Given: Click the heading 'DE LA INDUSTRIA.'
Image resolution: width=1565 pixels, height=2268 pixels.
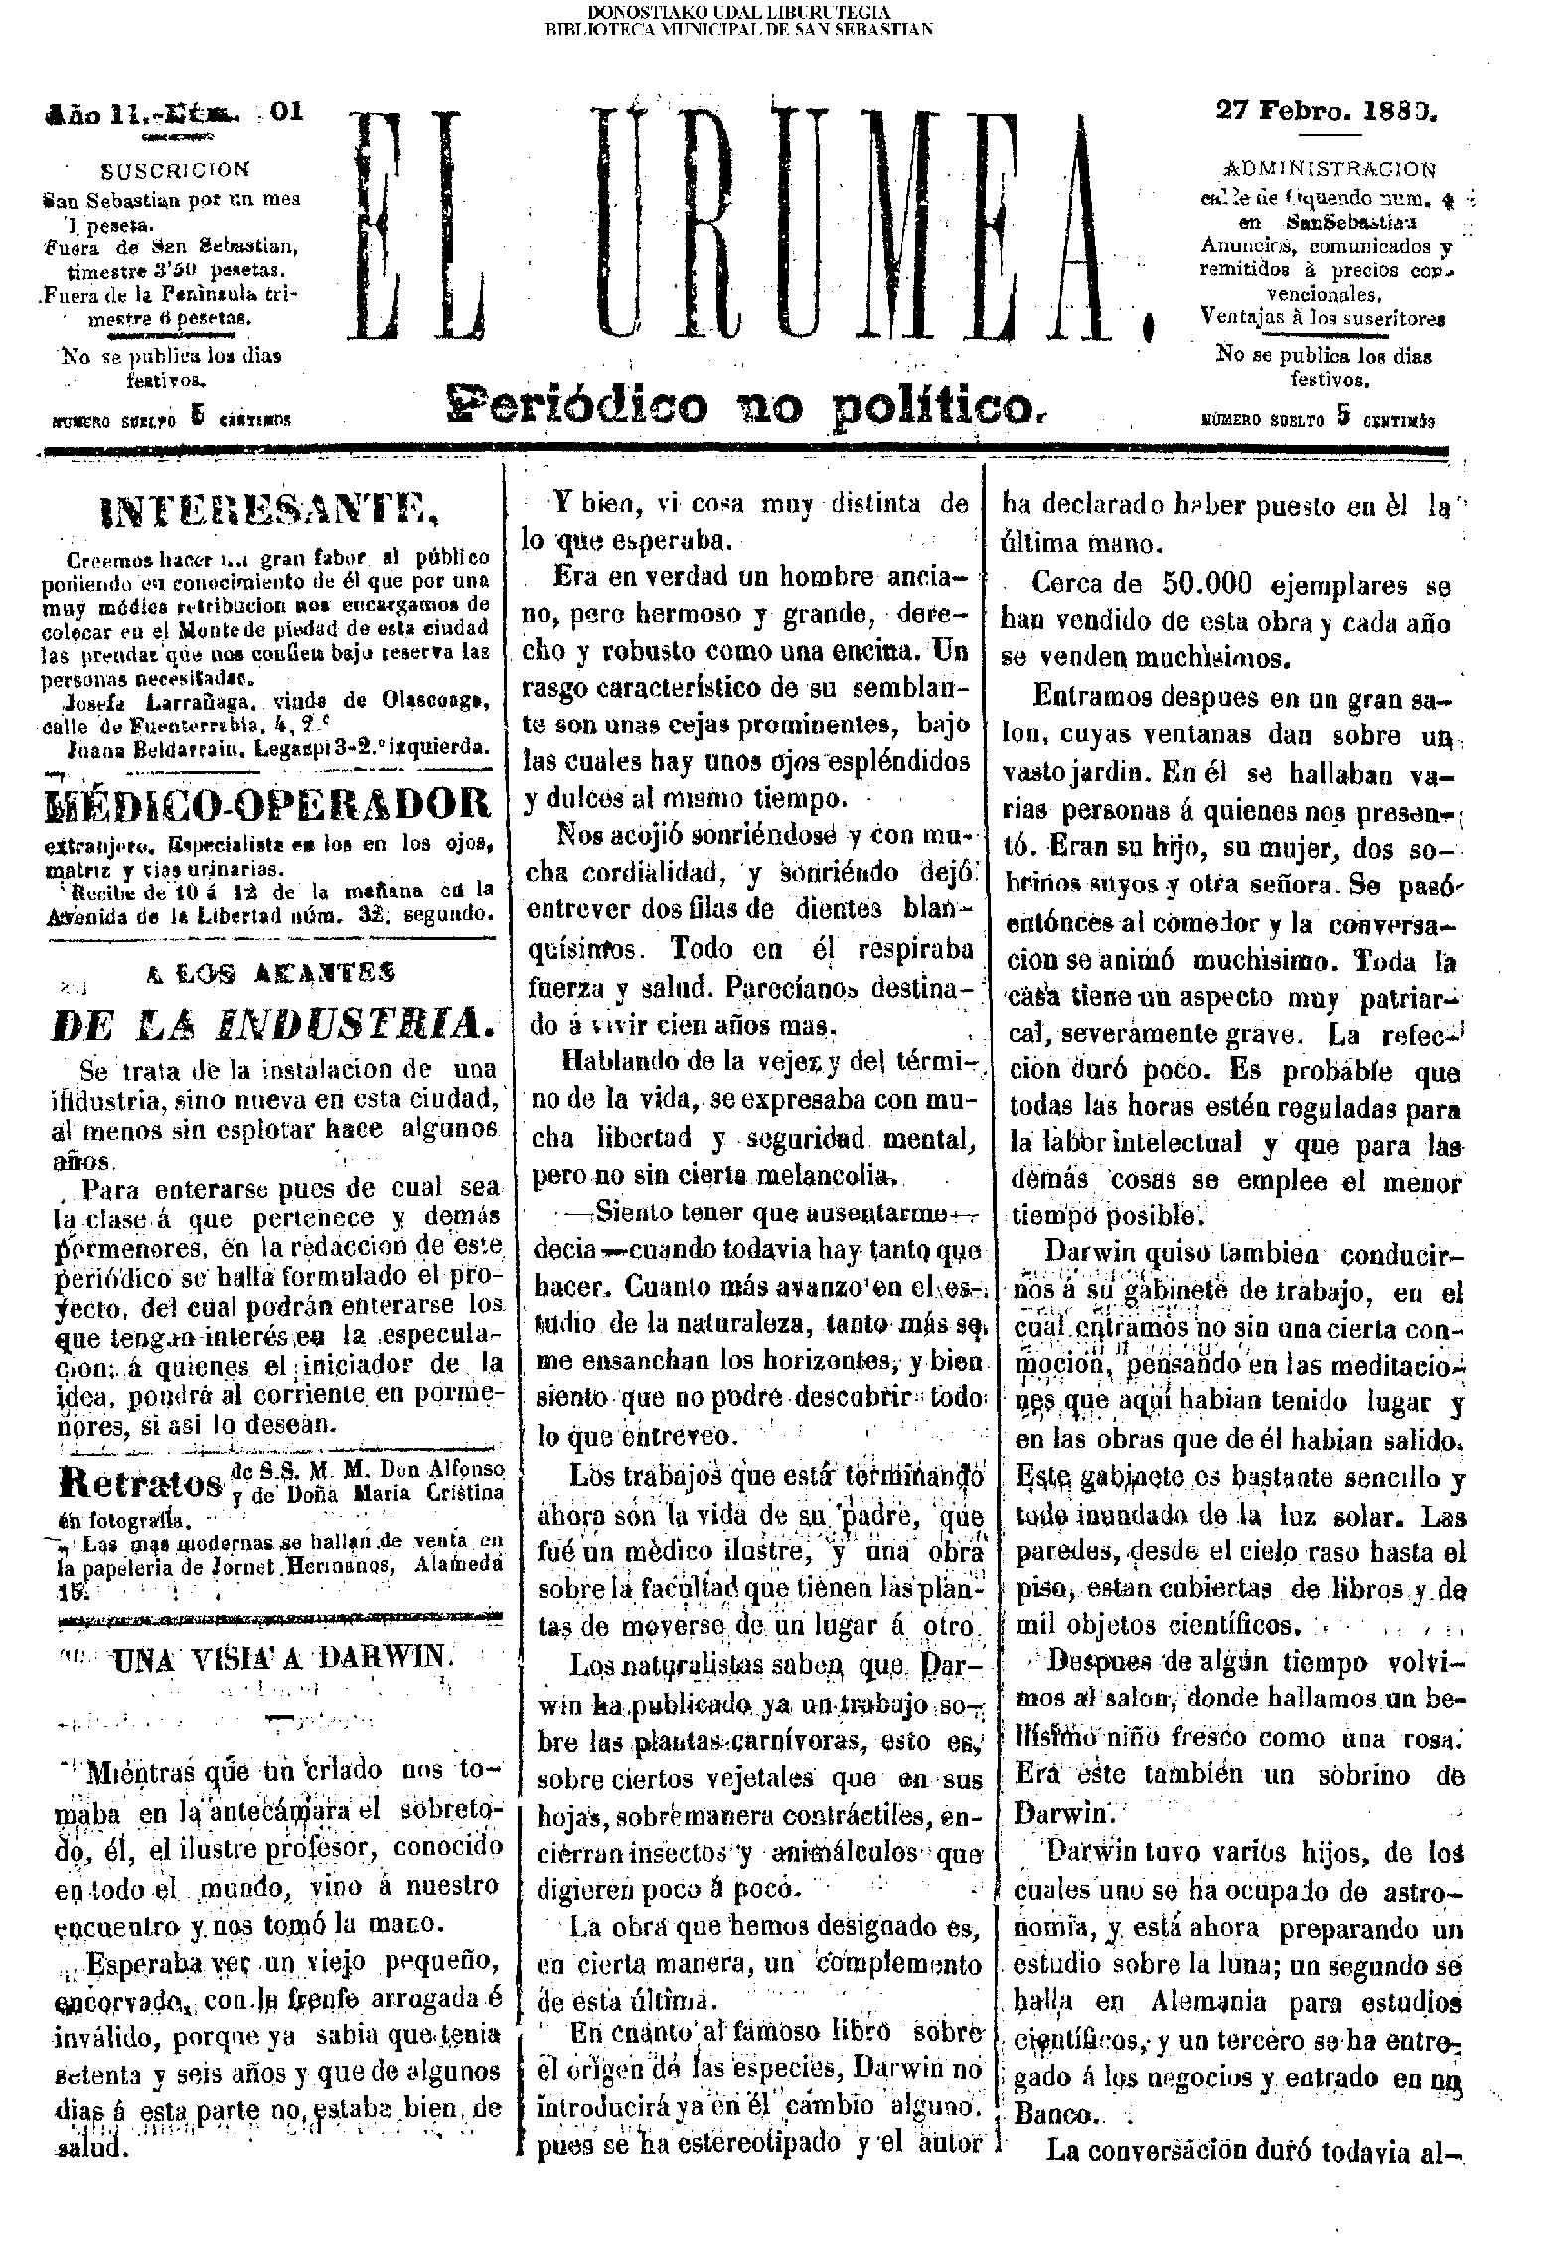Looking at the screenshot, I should pos(270,1022).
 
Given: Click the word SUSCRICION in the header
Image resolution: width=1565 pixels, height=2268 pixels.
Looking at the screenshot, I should pos(176,170).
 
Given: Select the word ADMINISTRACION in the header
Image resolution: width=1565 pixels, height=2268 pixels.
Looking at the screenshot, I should pos(1330,168).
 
